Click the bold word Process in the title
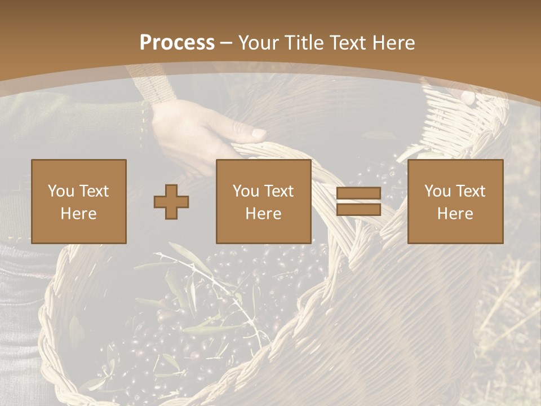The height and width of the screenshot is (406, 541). (177, 43)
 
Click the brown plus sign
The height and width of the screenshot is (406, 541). (171, 201)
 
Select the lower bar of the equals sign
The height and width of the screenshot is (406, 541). (358, 209)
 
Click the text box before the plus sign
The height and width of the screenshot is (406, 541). (78, 201)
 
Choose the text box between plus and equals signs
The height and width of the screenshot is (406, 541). (263, 201)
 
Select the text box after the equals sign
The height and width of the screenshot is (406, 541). (455, 201)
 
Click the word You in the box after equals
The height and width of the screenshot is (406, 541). (438, 191)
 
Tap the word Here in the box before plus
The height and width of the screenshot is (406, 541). (78, 214)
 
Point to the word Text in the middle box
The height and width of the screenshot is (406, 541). (280, 191)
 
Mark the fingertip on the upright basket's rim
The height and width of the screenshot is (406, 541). (467, 97)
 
